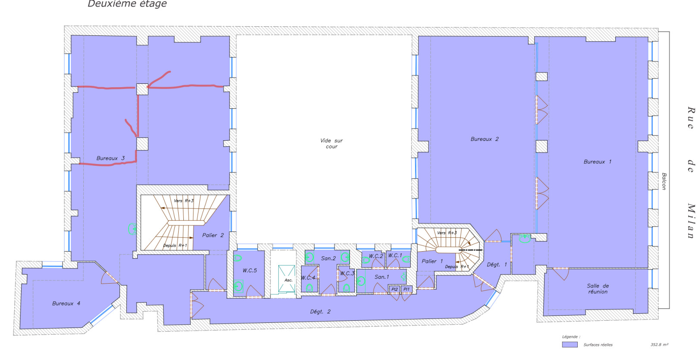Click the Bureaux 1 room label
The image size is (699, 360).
pos(597,162)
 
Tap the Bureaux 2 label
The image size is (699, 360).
pos(484,139)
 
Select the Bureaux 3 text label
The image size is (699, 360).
pos(110,158)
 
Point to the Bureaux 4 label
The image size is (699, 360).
pos(66,303)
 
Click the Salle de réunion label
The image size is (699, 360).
pos(598,289)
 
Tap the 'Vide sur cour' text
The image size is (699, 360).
pos(331,143)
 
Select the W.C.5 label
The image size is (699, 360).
pos(249,271)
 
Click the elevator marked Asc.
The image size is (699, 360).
pos(288,280)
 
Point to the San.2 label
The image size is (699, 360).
pos(328,258)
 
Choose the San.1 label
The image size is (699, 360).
pos(381,277)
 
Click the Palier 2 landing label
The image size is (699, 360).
pos(213,235)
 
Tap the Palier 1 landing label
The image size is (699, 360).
pos(432,261)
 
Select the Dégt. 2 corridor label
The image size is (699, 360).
pos(320,312)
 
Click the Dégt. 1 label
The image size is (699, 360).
pos(497,265)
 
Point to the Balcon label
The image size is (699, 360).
pos(664,181)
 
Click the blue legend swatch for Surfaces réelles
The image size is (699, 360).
pos(570,344)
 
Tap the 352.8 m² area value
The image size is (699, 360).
pos(659,344)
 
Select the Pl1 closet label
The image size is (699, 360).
pos(406,289)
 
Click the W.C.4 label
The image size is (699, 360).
pos(308,278)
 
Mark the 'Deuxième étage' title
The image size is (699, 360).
pos(127,4)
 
